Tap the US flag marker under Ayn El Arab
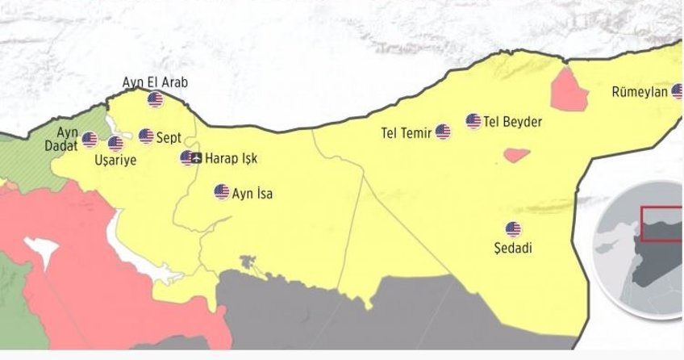[x=155, y=99]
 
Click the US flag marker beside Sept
[x=146, y=136]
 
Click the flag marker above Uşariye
[x=115, y=144]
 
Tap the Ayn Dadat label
[x=67, y=139]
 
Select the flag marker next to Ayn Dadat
[x=90, y=140]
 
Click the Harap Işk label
[x=231, y=159]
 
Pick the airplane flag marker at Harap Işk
[x=189, y=157]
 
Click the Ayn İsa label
[x=252, y=193]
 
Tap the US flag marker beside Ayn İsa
[x=221, y=191]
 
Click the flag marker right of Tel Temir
[x=443, y=131]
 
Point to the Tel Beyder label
[x=513, y=123]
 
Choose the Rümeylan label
[x=640, y=92]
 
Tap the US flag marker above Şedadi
[x=513, y=229]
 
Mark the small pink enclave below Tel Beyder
[x=515, y=153]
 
